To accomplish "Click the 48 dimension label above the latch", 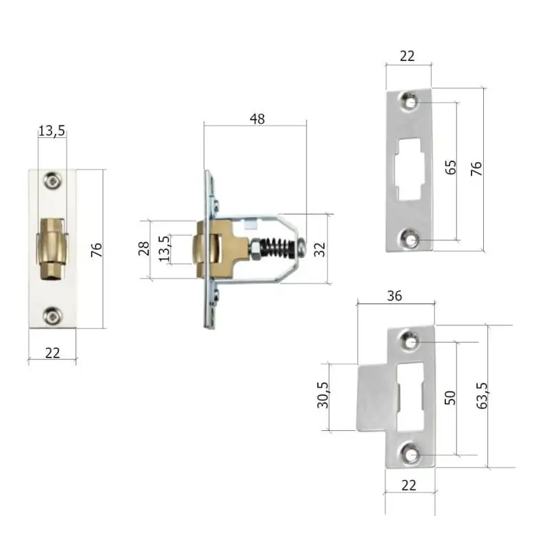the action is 257,119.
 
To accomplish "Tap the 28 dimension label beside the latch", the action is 144,248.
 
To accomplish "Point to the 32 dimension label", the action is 320,249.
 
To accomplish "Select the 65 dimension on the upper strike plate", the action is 451,167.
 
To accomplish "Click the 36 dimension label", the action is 395,296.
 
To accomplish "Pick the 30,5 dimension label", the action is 323,395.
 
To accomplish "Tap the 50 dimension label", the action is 450,398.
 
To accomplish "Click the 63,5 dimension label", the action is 482,396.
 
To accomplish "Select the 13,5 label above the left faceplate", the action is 52,131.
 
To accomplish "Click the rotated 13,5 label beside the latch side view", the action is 164,248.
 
